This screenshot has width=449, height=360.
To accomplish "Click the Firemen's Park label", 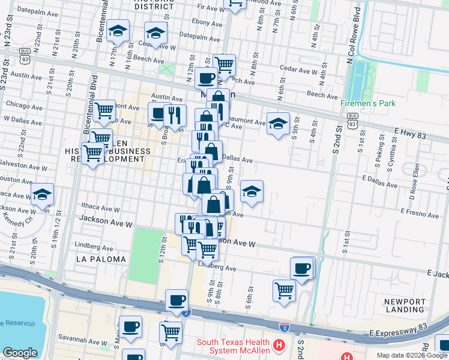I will [368, 103].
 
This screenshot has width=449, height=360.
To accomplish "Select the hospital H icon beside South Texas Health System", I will [278, 346].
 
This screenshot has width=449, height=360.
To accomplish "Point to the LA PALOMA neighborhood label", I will [101, 259].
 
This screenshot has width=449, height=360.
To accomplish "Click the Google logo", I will [20, 353].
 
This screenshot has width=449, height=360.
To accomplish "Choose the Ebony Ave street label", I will [208, 23].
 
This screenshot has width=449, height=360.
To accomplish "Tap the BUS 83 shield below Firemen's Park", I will [352, 122].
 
